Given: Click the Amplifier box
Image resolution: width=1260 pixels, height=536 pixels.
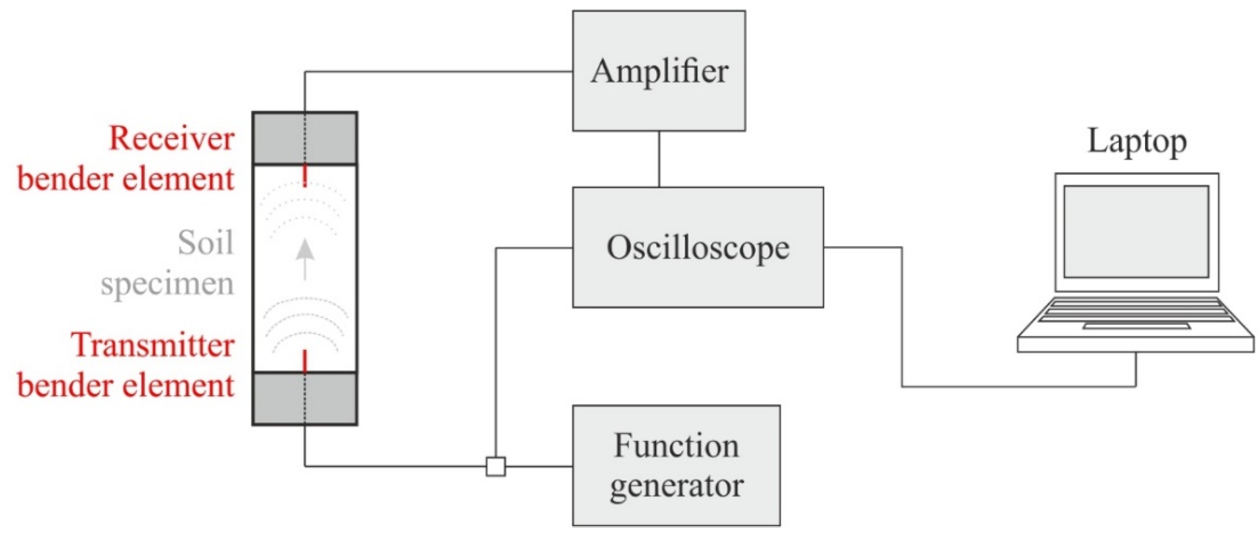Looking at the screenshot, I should pos(658,71).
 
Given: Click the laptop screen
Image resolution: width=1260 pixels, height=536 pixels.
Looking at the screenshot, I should pos(1136,231).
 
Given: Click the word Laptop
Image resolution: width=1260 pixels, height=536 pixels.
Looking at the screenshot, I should pos(1137,142).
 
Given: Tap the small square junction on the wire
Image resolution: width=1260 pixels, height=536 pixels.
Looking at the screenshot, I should pos(495,466).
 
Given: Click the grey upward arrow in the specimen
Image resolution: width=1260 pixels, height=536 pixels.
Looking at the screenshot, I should pos(305,259).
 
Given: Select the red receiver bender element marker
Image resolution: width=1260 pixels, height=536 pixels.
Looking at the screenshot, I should pos(305,176).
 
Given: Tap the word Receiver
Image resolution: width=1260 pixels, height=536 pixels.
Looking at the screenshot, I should pos(172,139).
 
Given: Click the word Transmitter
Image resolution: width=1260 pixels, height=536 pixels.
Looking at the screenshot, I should pos(153,345).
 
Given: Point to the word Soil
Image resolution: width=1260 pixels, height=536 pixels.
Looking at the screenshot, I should pos(205,243).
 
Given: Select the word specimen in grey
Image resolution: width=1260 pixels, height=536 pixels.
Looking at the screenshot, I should pos(167,283).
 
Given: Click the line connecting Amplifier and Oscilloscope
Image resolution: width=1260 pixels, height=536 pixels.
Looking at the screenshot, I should pos(659,159).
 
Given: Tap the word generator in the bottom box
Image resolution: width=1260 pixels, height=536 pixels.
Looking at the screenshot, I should pos(676,486).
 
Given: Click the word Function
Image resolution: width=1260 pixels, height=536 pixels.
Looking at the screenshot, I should pos(676,446).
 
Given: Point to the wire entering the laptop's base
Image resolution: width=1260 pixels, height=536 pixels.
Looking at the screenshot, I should pos(1136,369).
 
